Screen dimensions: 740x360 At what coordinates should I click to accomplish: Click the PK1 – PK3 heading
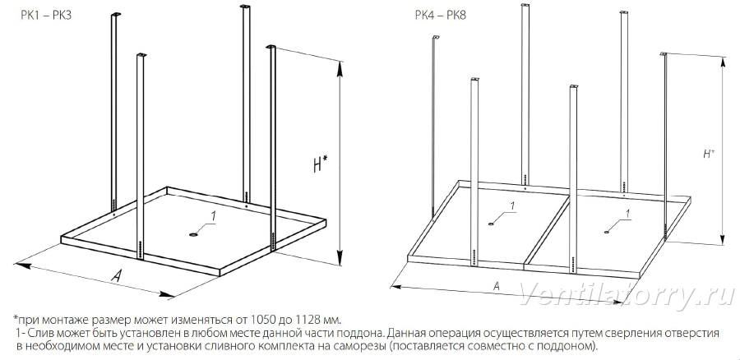(45, 15)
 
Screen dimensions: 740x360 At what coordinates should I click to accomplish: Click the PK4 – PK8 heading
(441, 15)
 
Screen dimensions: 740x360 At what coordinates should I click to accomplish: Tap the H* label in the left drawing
(320, 165)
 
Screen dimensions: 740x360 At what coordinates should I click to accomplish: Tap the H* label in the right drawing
(708, 154)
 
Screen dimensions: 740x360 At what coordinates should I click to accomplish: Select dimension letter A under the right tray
(496, 285)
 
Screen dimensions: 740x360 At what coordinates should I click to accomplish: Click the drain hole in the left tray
(194, 234)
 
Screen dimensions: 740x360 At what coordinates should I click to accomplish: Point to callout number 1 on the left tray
(213, 216)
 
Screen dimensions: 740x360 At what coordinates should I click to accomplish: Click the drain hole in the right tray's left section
(493, 224)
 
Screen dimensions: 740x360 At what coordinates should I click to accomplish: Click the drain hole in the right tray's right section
(608, 232)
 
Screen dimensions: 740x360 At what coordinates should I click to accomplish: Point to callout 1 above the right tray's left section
(512, 205)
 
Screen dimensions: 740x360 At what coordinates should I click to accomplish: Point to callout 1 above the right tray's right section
(627, 214)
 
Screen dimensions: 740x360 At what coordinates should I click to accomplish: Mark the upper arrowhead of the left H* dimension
(339, 69)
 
